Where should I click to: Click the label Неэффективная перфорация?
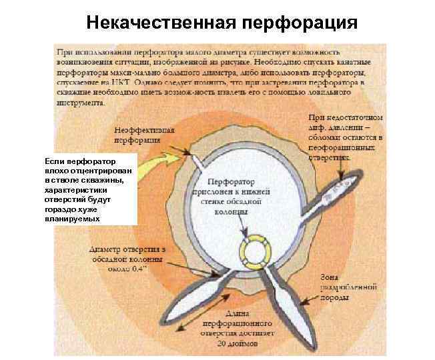pyautogui.click(x=144, y=135)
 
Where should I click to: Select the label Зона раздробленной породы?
pyautogui.click(x=348, y=286)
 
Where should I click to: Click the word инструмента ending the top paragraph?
pyautogui.click(x=81, y=104)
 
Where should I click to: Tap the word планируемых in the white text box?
pyautogui.click(x=72, y=218)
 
